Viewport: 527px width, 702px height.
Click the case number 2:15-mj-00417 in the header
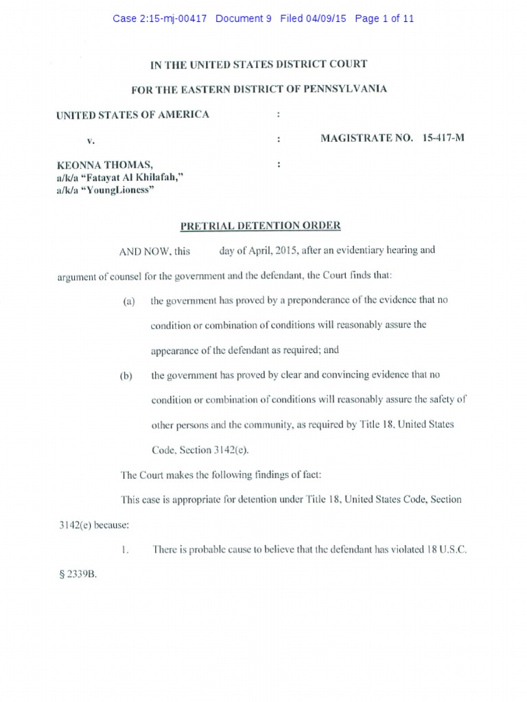[x=174, y=19]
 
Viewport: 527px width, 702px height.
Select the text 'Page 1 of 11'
[x=384, y=19]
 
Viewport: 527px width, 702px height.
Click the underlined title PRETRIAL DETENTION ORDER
[x=260, y=226]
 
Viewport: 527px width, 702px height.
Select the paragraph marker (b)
[x=125, y=375]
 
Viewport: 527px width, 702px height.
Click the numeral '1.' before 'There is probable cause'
[x=124, y=550]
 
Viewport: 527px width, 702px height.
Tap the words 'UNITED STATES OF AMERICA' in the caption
[x=132, y=114]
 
